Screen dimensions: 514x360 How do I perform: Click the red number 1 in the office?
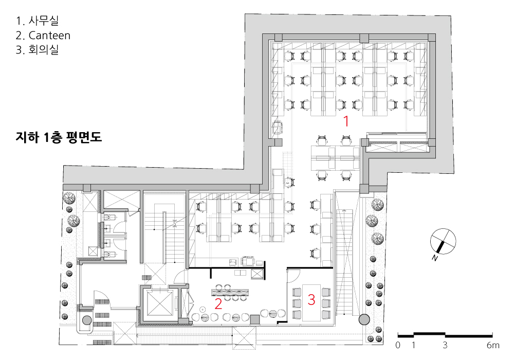346,121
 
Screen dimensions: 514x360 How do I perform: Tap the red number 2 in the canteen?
218,304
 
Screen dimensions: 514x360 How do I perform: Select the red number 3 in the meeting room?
311,299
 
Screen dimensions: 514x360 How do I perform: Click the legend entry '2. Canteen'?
43,35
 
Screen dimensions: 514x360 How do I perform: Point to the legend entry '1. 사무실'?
37,21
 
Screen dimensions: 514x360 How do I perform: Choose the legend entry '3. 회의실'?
37,50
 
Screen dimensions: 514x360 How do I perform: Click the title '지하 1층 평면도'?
59,137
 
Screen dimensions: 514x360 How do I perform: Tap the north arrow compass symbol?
443,241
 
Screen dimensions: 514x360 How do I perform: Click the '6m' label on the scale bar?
493,345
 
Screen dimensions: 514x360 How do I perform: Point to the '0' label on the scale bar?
398,345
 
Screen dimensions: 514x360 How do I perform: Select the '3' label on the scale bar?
445,345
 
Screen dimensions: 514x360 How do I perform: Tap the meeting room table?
311,302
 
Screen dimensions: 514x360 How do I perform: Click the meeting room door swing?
293,275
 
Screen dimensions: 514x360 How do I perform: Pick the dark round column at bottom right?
364,319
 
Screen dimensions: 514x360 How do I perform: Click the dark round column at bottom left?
86,320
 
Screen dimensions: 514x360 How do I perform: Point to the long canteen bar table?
230,292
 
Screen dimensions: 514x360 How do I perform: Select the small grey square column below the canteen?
254,320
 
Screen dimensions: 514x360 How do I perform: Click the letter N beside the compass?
435,258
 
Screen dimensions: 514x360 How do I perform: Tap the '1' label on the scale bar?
413,345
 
